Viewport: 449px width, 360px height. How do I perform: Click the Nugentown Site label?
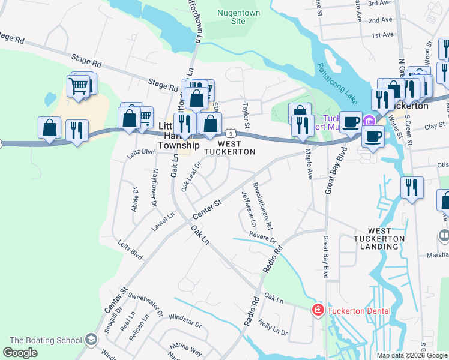point(231,17)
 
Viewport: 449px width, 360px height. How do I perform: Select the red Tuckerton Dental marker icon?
point(317,310)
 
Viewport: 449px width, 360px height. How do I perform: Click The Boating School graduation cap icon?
point(91,340)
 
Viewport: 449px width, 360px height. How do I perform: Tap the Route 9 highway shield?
point(229,132)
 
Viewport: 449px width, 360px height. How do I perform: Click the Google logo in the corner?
point(20,352)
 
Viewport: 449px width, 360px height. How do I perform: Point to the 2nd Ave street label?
point(380,20)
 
